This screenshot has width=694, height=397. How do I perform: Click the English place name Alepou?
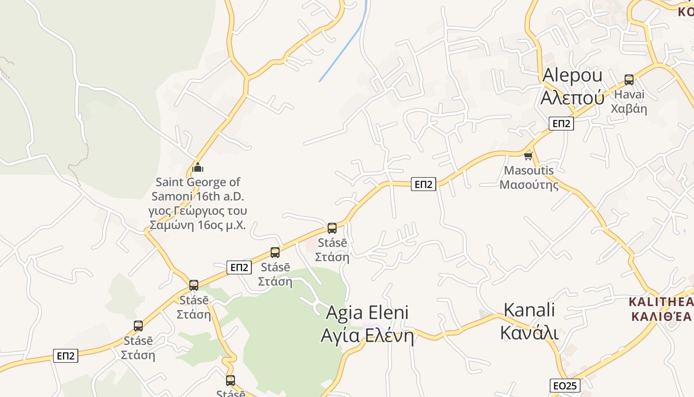click(572, 75)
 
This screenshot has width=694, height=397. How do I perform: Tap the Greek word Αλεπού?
click(572, 97)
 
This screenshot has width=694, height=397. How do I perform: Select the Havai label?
click(629, 94)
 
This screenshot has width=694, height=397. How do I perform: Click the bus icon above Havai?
click(629, 79)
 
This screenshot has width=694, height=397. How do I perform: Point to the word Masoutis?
click(528, 171)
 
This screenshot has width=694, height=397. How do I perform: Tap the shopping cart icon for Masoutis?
click(528, 156)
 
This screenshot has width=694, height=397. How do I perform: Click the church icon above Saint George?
click(198, 167)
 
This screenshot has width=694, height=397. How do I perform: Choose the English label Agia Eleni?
click(367, 313)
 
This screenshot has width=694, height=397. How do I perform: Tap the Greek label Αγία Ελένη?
click(367, 336)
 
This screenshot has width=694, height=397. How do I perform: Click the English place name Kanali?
click(529, 310)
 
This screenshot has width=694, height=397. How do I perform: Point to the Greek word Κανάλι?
click(529, 332)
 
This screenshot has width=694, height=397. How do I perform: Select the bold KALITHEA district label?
click(661, 302)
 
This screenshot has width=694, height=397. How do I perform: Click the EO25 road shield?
click(565, 386)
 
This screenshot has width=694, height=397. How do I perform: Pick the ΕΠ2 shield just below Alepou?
click(561, 124)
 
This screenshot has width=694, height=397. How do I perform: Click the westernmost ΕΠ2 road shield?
click(65, 355)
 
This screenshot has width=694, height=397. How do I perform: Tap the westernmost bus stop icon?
click(138, 326)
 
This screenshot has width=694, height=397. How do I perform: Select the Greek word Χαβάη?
click(629, 109)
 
